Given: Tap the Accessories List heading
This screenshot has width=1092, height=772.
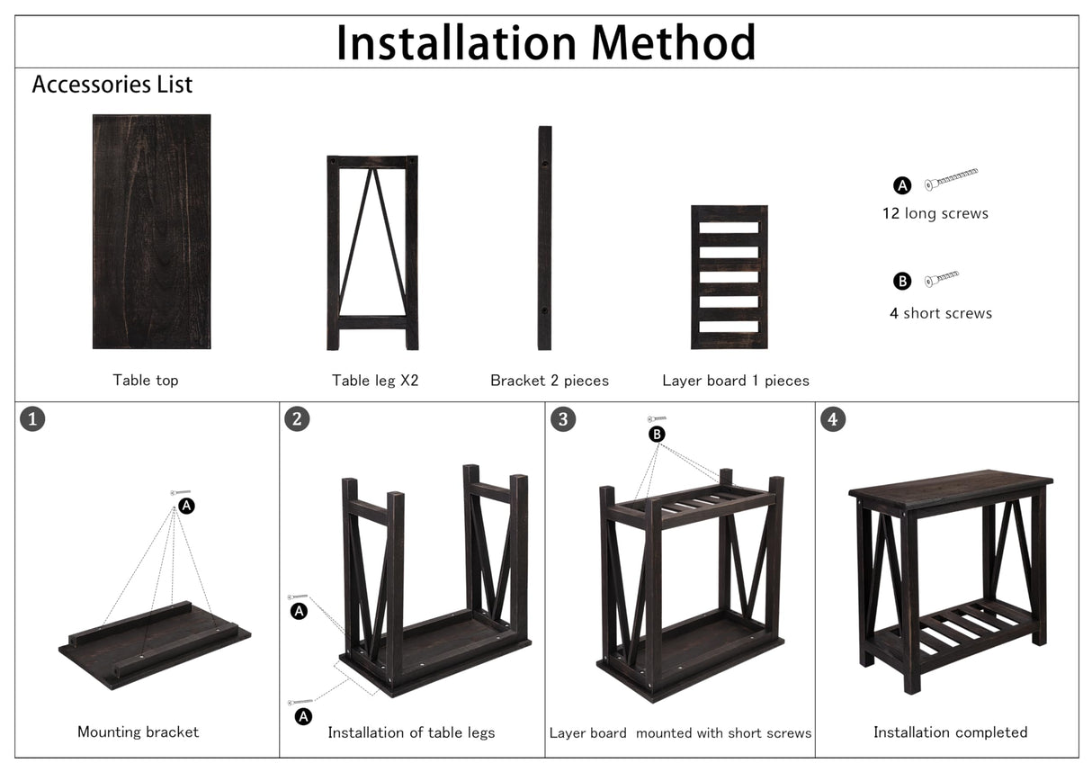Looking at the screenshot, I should [x=112, y=85].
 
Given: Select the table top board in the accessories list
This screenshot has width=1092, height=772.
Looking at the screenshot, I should [x=151, y=231].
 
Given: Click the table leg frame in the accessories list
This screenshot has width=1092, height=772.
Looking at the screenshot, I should [x=372, y=253].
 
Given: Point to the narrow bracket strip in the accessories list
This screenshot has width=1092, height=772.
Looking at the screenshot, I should [x=544, y=238].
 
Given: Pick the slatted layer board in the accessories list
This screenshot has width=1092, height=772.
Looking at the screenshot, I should [x=729, y=277].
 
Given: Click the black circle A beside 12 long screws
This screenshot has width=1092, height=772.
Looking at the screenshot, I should [x=902, y=186].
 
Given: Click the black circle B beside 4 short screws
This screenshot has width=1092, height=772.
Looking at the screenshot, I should [x=902, y=282].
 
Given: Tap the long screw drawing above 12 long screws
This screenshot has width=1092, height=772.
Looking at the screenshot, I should [x=951, y=178].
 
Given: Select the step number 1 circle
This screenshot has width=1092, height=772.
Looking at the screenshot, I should [x=32, y=418].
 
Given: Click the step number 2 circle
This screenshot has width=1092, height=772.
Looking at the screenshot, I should [x=297, y=418].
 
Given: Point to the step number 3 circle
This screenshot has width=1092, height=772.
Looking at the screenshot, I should [x=563, y=419].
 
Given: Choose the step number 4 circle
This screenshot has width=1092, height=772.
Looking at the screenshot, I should [x=833, y=419].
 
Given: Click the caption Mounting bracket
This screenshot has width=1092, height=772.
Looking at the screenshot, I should [x=138, y=732].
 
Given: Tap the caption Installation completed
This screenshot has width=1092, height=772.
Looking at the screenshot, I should [x=950, y=732].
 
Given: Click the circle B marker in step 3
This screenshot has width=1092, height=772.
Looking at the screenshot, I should [x=658, y=434].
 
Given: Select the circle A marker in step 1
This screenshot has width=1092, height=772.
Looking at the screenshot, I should [x=186, y=506].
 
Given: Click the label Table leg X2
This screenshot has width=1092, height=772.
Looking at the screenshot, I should [x=375, y=381].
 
